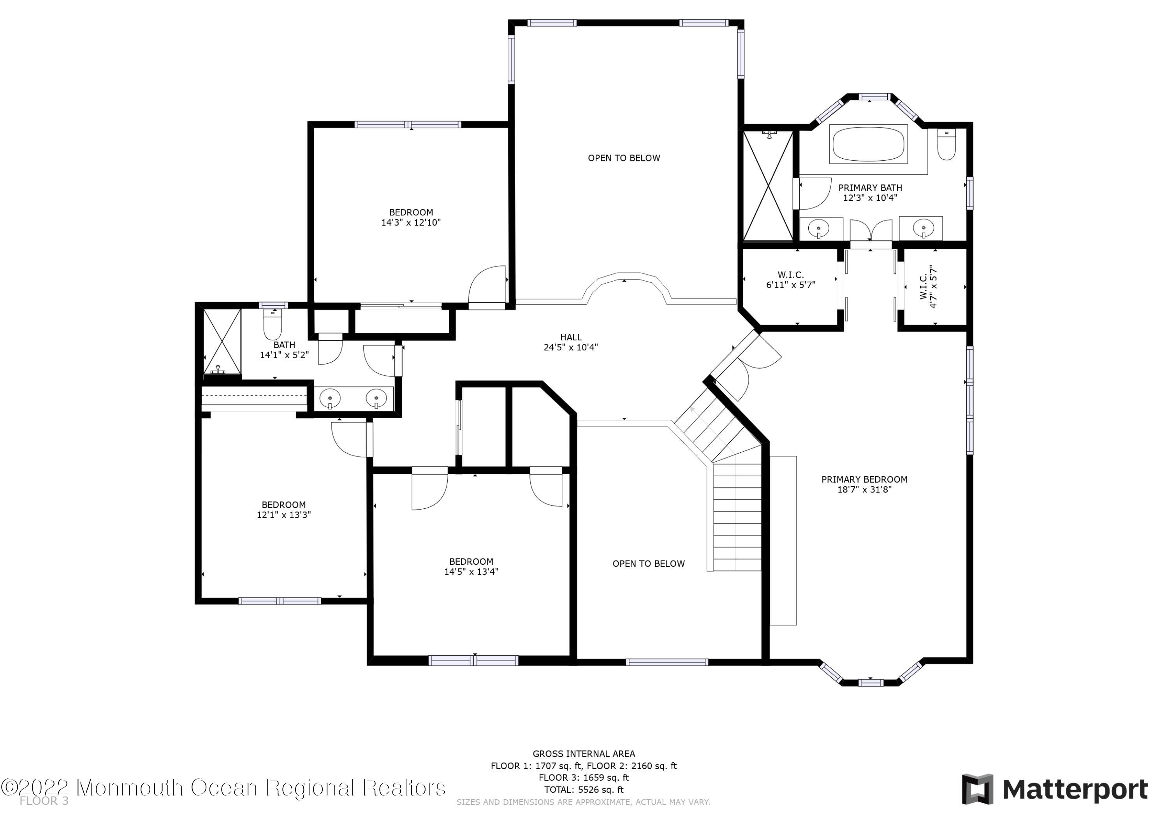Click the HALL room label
(x=571, y=337)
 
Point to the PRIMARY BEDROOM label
(x=864, y=479)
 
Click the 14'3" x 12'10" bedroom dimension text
(x=411, y=222)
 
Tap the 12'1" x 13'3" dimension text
(x=284, y=515)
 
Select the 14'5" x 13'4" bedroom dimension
(x=471, y=571)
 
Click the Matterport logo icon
(x=977, y=790)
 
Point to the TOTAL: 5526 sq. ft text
(x=584, y=790)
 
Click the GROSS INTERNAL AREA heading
(x=584, y=754)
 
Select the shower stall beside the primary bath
(x=768, y=186)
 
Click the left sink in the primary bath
(x=818, y=228)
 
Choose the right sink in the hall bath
(x=376, y=398)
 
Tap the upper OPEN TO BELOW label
(x=624, y=158)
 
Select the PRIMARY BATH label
(x=870, y=187)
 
